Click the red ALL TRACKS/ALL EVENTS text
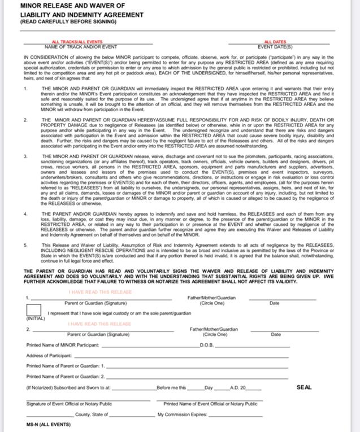77,42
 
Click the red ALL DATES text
275,42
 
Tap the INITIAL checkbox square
33,310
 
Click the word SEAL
304,387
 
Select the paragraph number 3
25,155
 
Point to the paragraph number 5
25,245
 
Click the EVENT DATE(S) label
275,46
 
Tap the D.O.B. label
206,344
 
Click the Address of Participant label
49,356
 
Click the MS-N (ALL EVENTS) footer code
49,424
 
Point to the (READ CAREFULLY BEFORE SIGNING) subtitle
68,21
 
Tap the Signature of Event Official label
69,404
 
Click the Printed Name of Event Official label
210,404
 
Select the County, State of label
92,414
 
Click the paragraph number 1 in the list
25,89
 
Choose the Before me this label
171,388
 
